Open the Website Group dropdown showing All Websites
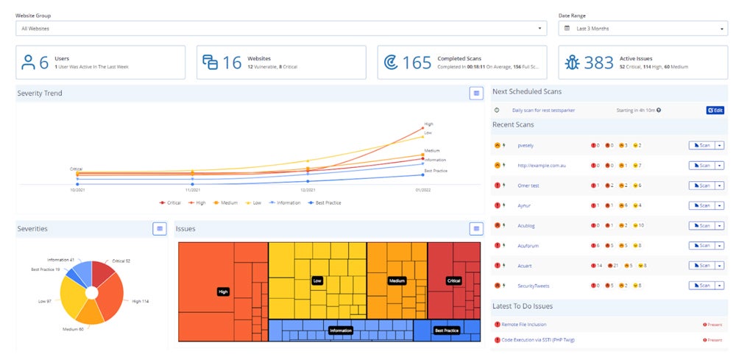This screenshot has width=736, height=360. [280, 29]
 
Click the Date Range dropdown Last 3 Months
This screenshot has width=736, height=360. [643, 29]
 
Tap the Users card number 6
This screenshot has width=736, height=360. [44, 63]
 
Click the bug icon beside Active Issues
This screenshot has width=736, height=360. [572, 63]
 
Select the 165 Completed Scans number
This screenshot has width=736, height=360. [417, 63]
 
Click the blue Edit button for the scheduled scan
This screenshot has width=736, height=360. [715, 110]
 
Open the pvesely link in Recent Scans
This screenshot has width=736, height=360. [527, 146]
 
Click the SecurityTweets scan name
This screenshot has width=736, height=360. [534, 285]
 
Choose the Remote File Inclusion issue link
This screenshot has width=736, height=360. [524, 324]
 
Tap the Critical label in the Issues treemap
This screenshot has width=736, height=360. [453, 280]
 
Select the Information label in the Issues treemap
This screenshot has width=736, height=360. [341, 331]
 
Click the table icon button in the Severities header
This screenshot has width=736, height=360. [160, 229]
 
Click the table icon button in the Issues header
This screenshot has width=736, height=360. [476, 229]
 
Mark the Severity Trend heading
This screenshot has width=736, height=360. [40, 93]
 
